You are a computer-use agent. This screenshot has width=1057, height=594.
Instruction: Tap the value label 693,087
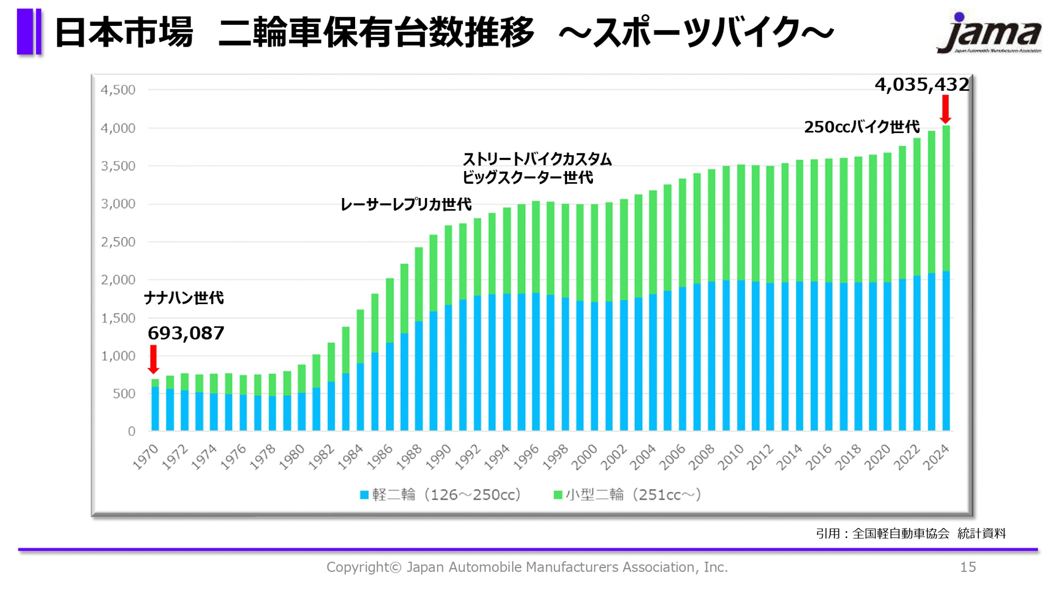tap(186, 333)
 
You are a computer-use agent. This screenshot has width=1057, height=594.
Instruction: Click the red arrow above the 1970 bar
tap(154, 359)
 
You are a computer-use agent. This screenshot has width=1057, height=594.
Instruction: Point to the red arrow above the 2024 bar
tap(945, 109)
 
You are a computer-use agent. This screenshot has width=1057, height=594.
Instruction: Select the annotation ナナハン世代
tap(183, 298)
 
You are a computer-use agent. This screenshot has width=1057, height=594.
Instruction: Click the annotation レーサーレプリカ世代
tap(406, 205)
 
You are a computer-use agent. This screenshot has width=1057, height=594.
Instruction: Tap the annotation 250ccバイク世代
tap(862, 127)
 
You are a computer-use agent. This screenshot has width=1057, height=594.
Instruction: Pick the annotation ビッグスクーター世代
tap(527, 178)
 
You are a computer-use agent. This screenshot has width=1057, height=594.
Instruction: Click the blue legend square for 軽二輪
tap(364, 495)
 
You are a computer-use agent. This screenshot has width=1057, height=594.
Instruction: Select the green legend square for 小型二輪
tap(557, 495)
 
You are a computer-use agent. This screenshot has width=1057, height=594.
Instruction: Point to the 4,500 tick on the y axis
tap(118, 90)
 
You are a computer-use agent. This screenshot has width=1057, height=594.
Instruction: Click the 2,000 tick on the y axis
tap(118, 280)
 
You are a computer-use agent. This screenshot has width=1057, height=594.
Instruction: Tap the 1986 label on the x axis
tap(380, 457)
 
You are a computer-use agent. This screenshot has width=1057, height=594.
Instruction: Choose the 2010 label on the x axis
tap(731, 457)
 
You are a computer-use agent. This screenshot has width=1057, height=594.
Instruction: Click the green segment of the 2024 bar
tap(946, 198)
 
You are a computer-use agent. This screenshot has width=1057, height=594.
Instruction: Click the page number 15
tap(967, 567)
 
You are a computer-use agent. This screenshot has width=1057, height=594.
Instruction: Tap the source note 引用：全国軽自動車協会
tap(882, 533)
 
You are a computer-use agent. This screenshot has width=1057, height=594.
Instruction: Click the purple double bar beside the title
tap(29, 31)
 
